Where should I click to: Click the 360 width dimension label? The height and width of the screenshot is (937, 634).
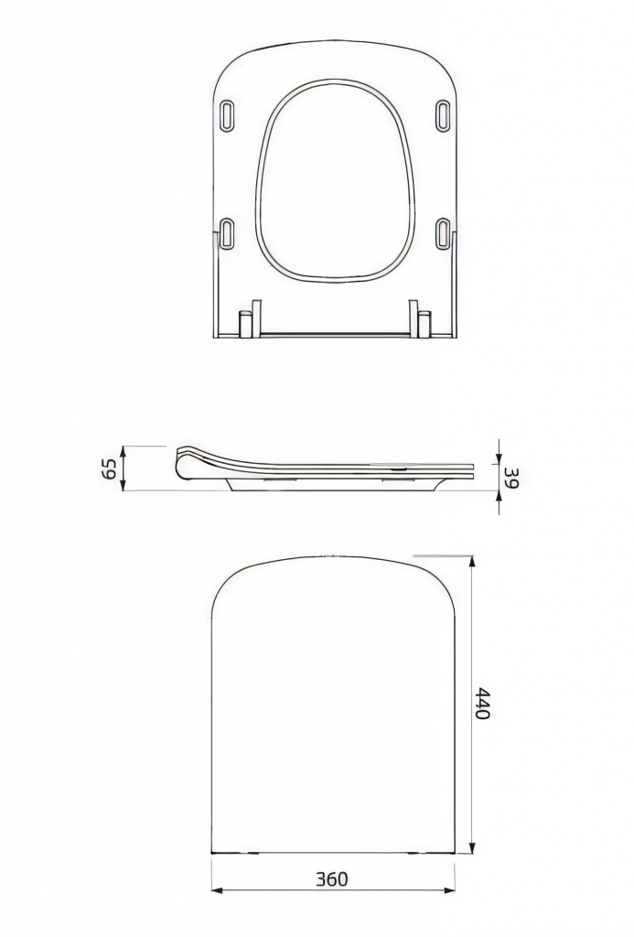(x=332, y=879)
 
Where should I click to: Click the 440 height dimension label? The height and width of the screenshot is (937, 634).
(x=482, y=704)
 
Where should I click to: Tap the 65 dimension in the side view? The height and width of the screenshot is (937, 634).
(x=109, y=468)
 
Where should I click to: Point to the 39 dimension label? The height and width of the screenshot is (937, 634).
(x=511, y=477)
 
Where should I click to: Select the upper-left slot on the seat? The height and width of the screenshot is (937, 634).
(x=228, y=115)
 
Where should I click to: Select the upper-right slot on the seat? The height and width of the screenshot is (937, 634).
(x=442, y=115)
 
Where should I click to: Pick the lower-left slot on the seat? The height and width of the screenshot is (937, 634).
(x=228, y=233)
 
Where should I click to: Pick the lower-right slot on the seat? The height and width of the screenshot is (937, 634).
(x=442, y=233)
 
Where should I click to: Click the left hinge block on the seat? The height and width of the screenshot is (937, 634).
(x=245, y=323)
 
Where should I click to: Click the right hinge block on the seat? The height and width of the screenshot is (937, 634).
(x=424, y=323)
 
